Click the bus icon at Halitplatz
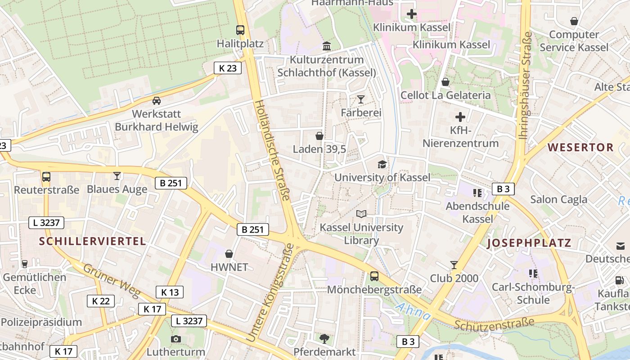[x=240, y=30]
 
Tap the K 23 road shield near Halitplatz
[x=227, y=68]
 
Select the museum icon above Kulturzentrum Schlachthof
[x=327, y=46]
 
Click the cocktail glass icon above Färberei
[x=360, y=99]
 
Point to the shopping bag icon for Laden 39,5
[x=319, y=135]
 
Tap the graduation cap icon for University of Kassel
[x=382, y=164]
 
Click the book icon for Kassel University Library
[x=361, y=214]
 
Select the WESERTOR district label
[x=580, y=147]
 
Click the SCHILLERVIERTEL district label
[x=92, y=241]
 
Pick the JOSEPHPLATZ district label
[x=529, y=243]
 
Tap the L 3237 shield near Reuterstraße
[x=46, y=222]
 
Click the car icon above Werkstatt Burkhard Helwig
[x=156, y=100]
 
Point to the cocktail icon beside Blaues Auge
[x=117, y=176]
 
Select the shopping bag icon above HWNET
[x=229, y=254]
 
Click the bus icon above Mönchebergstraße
[x=374, y=276]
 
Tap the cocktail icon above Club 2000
[x=454, y=265]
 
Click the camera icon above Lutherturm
[x=176, y=339]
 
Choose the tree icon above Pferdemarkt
[x=324, y=338]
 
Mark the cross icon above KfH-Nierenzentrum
[x=460, y=117]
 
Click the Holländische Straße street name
[x=273, y=151]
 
